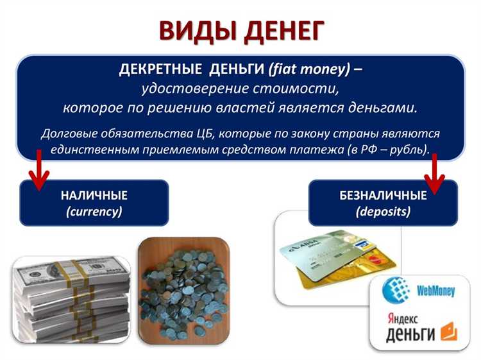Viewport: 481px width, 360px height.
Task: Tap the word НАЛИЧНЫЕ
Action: pyautogui.click(x=94, y=196)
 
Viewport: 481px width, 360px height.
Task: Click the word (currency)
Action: pyautogui.click(x=94, y=211)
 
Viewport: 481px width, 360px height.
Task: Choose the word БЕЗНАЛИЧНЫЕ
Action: pyautogui.click(x=383, y=196)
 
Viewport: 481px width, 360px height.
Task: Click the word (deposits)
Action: pyautogui.click(x=383, y=211)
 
